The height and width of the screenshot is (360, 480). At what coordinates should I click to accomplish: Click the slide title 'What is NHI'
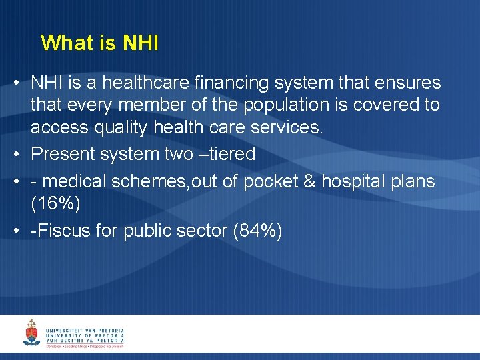pyautogui.click(x=99, y=43)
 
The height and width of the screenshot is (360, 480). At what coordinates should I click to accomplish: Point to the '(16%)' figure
pyautogui.click(x=55, y=203)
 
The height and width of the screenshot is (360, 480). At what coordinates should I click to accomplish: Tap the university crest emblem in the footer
pyautogui.click(x=31, y=333)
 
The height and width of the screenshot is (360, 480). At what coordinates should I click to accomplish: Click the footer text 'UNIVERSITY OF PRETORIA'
pyautogui.click(x=85, y=335)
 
